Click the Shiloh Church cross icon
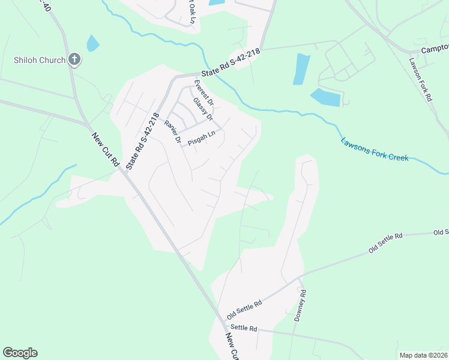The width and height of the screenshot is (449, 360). click(x=74, y=59)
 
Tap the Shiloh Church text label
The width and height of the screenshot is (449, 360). click(x=40, y=59)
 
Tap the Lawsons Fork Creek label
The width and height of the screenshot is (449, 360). click(x=375, y=150)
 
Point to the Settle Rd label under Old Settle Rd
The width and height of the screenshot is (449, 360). click(x=245, y=328)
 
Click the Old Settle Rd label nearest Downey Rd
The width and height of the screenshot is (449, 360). click(x=245, y=310)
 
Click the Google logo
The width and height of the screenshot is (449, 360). click(x=20, y=353)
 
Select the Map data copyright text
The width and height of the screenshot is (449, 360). click(x=423, y=355)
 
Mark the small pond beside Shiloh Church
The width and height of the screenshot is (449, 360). click(x=92, y=43)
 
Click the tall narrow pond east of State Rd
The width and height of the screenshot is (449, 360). click(x=302, y=69)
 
